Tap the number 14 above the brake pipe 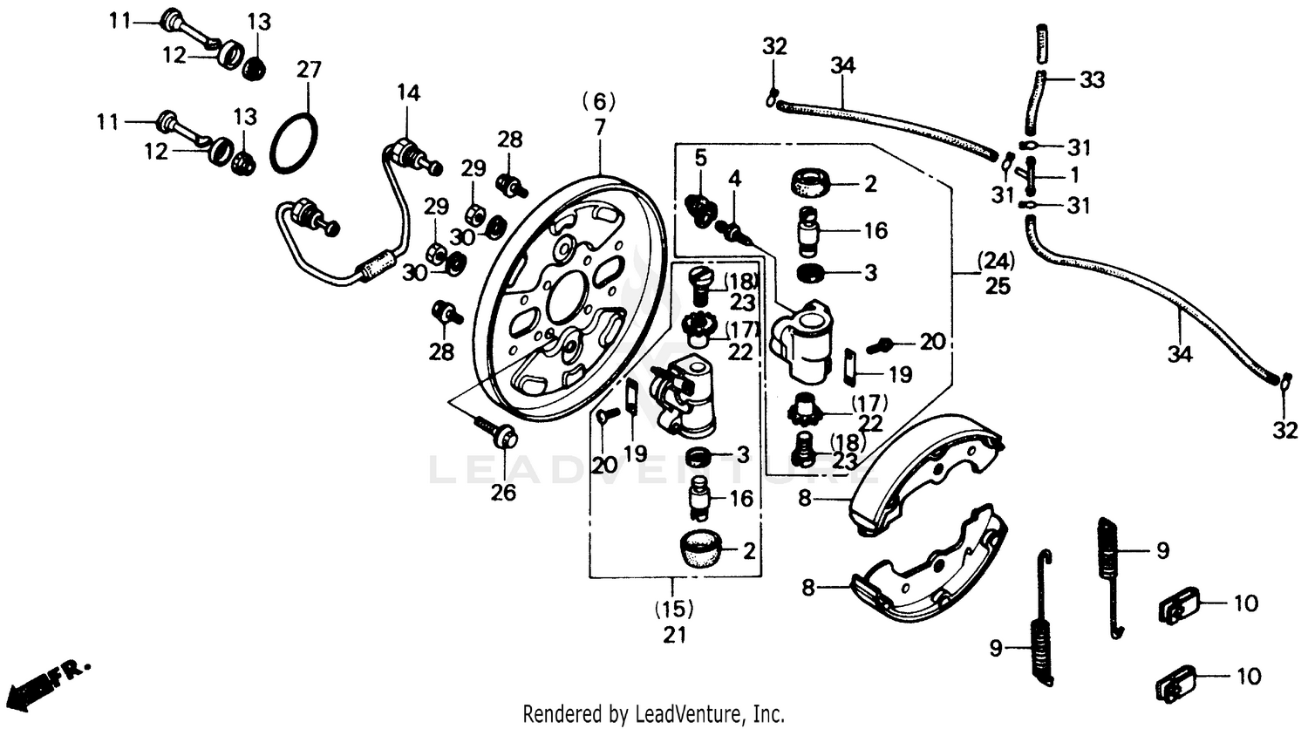tap(408, 92)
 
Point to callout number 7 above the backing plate tap(599, 127)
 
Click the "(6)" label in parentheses tap(599, 102)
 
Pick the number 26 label tap(503, 493)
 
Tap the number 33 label tap(1091, 80)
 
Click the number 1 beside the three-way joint tap(1074, 175)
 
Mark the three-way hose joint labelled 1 tap(1032, 176)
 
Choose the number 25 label tap(997, 285)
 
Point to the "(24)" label tap(997, 260)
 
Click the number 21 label tap(674, 635)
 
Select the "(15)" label tap(674, 608)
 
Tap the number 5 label tap(700, 158)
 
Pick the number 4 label tap(735, 180)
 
